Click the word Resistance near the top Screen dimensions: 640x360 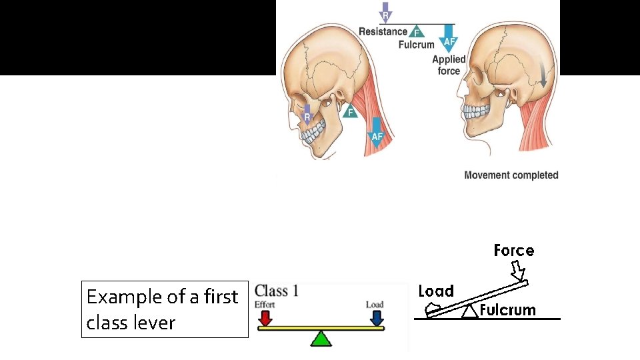point(383,31)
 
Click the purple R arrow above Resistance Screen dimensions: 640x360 point(385,13)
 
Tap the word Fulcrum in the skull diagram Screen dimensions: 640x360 point(416,45)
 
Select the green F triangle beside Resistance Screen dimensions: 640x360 point(417,32)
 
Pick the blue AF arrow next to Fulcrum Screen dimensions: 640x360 point(449,40)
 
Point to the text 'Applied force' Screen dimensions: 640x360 point(449,65)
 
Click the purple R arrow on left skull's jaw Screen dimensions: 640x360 point(307,115)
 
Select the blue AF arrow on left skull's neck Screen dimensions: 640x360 point(377,132)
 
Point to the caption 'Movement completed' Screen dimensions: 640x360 point(511,175)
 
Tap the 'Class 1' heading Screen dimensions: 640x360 point(277,291)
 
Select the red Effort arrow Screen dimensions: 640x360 point(265,317)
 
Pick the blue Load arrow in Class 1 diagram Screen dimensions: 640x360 point(377,317)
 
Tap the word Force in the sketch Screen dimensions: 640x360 point(513,251)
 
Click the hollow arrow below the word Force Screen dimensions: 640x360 point(518,271)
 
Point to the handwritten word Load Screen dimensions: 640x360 point(436,291)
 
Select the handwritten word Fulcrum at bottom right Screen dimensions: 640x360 point(507,310)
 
